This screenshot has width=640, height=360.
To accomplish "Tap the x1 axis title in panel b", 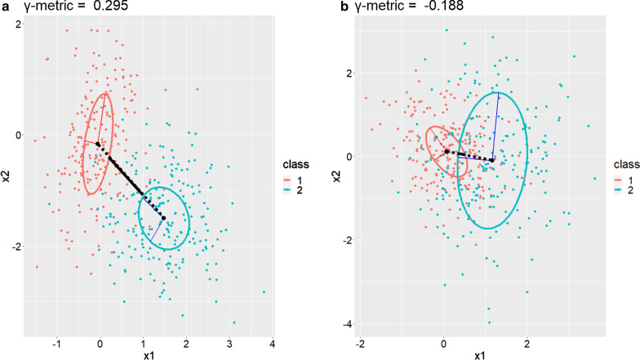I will [x=479, y=354].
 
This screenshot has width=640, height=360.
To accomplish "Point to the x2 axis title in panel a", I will [x=7, y=174].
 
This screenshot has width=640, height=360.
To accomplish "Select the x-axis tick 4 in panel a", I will [x=272, y=341].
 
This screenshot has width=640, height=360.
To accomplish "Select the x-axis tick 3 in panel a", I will [x=229, y=341].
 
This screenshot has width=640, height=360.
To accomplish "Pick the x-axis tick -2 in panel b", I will [x=361, y=341].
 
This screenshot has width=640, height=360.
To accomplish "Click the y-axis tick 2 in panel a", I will [x=19, y=24].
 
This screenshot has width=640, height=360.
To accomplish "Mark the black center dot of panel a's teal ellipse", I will [x=164, y=218].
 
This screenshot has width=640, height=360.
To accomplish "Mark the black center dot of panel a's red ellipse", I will [x=98, y=144].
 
